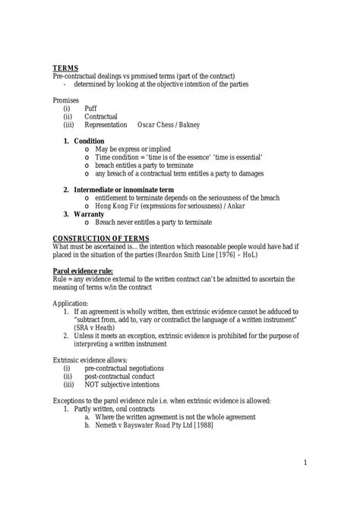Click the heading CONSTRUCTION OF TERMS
pyautogui.click(x=95, y=239)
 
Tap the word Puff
pyautogui.click(x=90, y=109)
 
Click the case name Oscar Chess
pyautogui.click(x=154, y=125)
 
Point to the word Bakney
pyautogui.click(x=190, y=125)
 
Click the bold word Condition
pyautogui.click(x=89, y=141)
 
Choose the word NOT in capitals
pyautogui.click(x=93, y=384)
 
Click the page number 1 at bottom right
pyautogui.click(x=304, y=463)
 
